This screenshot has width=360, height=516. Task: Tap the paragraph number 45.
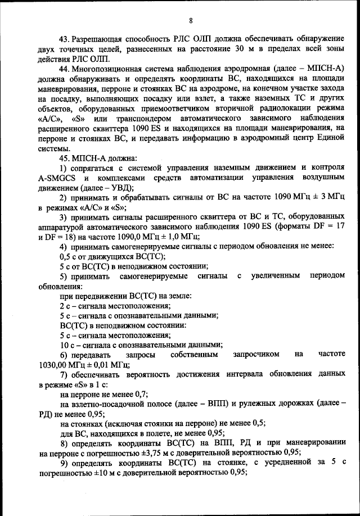pos(65,157)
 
